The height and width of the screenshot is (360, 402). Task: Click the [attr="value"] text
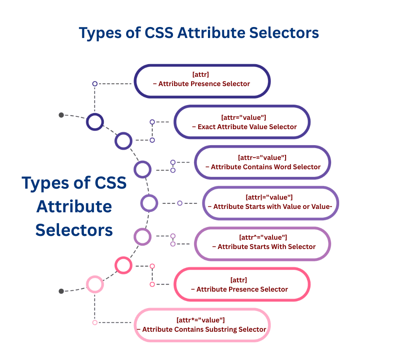click(243, 117)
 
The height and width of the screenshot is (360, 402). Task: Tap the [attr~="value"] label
click(262, 157)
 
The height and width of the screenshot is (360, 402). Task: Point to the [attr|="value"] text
click(269, 197)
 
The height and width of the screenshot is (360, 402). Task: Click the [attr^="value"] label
click(262, 237)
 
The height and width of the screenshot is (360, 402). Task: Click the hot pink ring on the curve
click(124, 265)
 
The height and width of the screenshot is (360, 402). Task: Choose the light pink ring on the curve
click(95, 284)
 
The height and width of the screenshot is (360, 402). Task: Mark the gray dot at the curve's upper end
click(61, 115)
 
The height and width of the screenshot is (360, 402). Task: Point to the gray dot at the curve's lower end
click(61, 291)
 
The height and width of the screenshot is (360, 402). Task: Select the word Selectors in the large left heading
click(74, 230)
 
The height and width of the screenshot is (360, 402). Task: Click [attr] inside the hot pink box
click(239, 280)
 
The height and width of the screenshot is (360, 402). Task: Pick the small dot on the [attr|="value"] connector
click(180, 203)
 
